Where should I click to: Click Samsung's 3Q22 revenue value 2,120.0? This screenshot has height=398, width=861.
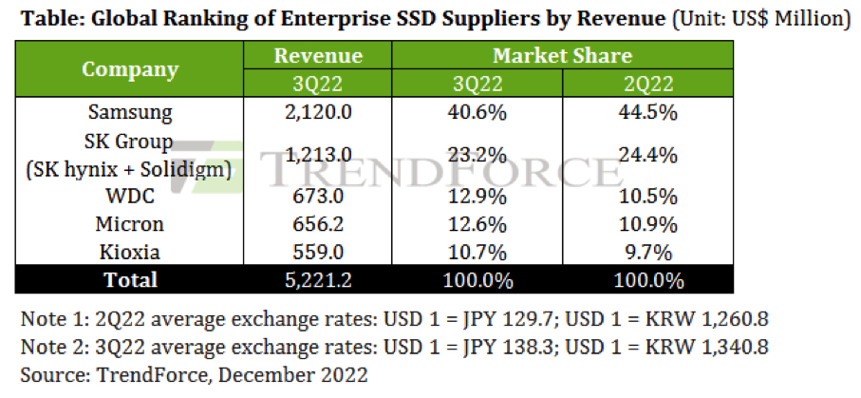(318, 112)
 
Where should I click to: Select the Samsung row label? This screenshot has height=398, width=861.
(130, 112)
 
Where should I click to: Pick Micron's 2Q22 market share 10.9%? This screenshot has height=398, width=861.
(647, 226)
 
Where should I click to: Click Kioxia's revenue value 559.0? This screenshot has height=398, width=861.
(318, 253)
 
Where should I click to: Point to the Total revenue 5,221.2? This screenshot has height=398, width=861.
(318, 280)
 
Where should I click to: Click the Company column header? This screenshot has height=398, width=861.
(130, 69)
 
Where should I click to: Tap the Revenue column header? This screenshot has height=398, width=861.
(318, 56)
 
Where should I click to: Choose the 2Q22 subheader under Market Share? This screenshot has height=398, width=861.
(647, 83)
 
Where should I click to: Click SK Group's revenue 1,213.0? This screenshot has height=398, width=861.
(318, 156)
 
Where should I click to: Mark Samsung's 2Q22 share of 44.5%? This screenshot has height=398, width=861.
(647, 112)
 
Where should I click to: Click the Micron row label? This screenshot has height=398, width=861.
(130, 226)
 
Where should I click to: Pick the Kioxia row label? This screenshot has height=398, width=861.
(130, 253)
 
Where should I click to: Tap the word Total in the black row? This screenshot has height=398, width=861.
(130, 280)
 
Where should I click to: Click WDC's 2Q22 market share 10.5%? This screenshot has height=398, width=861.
(647, 199)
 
